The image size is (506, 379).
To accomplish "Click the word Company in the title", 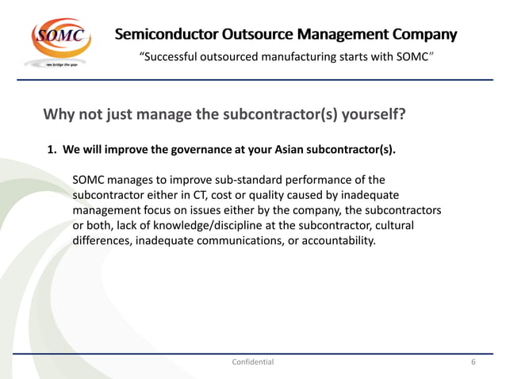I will click(x=424, y=35).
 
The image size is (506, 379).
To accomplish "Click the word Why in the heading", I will click(x=59, y=115).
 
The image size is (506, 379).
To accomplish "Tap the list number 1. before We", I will click(x=53, y=150).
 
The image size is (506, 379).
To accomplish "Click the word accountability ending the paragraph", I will click(x=332, y=240).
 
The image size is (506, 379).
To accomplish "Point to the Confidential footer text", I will click(x=252, y=362).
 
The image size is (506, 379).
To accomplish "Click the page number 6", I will click(x=473, y=362).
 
